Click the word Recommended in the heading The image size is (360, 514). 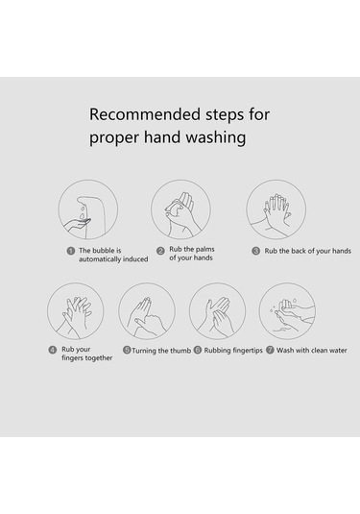(x=145, y=114)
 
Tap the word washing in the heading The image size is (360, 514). (x=216, y=137)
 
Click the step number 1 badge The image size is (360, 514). (x=71, y=251)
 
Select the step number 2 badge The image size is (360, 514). (x=160, y=251)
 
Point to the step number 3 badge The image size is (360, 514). (x=255, y=251)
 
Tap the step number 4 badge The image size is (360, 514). (x=53, y=350)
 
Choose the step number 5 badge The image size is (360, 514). (x=127, y=350)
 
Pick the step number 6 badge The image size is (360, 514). (x=198, y=350)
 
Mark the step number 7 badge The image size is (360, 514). (x=270, y=350)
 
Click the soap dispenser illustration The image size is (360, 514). (x=88, y=209)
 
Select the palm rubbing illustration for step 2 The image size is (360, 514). (x=180, y=209)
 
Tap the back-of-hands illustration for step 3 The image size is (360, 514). (x=276, y=209)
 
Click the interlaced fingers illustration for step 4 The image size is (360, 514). (x=75, y=311)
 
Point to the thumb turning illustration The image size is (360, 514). (x=147, y=311)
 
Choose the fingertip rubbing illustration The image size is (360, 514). (x=218, y=311)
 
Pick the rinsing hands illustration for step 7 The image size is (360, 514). (x=287, y=311)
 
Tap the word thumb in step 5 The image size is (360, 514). (x=180, y=351)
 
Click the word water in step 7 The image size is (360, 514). (x=336, y=351)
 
